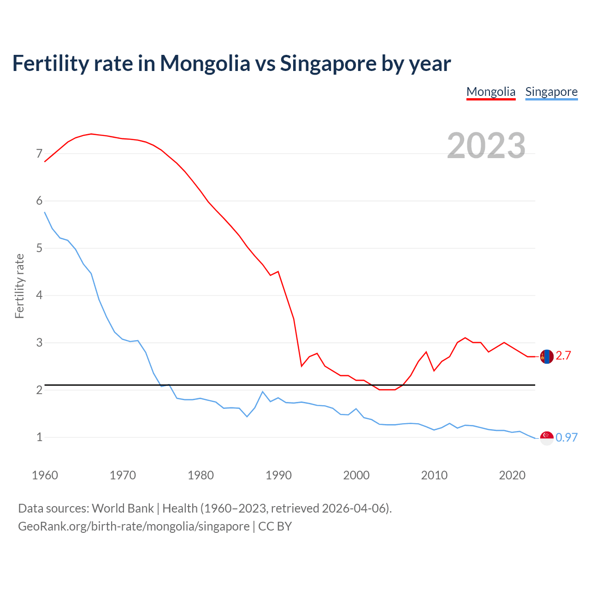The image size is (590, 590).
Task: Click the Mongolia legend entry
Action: coord(491,92)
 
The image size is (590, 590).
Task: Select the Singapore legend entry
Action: coord(551,92)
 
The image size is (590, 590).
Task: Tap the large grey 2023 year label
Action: coord(486,146)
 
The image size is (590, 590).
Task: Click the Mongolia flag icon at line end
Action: coord(547,356)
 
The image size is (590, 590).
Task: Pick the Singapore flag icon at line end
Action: coord(547,438)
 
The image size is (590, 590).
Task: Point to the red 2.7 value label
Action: coord(563,355)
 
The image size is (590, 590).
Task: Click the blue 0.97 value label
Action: coord(566,437)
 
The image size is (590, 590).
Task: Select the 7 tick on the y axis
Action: coord(39,153)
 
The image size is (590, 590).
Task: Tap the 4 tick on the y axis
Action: coord(39,295)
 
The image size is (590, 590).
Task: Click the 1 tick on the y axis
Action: coord(39,437)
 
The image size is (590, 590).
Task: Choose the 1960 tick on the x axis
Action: coord(45,475)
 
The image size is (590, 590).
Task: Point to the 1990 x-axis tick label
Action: coord(278,475)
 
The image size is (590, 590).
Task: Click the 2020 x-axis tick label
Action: coord(512,475)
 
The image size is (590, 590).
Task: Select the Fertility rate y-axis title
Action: coord(19,286)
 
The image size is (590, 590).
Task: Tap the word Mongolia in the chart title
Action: coord(205,64)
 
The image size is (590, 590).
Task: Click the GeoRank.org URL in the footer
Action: coord(134,526)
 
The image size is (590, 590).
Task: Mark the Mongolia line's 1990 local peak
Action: coord(278,271)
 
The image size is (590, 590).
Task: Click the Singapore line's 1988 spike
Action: coord(263,392)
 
